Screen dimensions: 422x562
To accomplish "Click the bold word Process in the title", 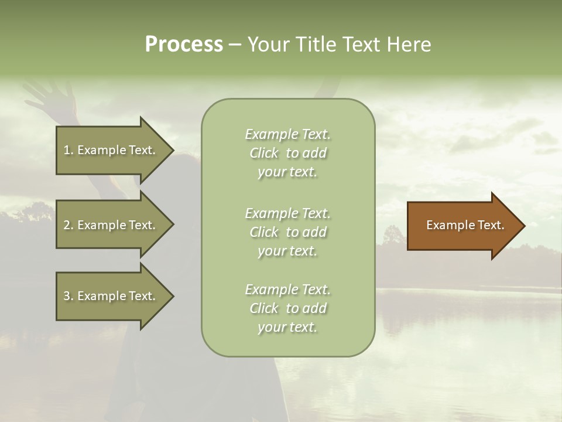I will (184, 45).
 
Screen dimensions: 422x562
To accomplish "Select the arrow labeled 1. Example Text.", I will (111, 150).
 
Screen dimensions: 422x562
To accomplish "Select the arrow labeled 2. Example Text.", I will (111, 225).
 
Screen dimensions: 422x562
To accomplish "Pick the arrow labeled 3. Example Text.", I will (111, 296).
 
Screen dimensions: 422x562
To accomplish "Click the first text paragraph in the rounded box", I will (287, 153).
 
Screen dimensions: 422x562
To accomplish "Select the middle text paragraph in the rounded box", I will (287, 232).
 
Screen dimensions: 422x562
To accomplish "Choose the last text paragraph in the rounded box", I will (287, 308).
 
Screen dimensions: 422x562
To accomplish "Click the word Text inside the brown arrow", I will (491, 225).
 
